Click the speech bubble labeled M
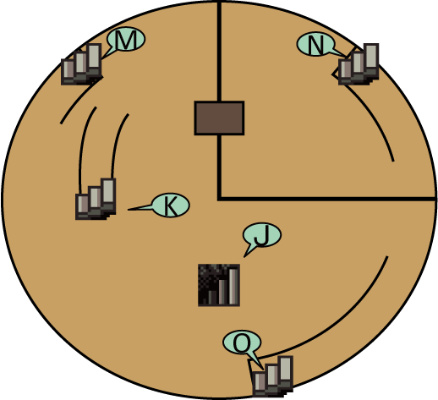click(x=126, y=39)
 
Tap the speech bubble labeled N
click(x=315, y=44)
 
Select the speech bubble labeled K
click(x=171, y=205)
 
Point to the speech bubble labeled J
click(x=262, y=235)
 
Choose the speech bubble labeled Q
click(x=242, y=342)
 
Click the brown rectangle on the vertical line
click(x=219, y=118)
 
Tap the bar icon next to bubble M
click(x=81, y=64)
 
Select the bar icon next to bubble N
click(x=359, y=64)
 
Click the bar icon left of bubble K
click(x=96, y=199)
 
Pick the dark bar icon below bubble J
click(x=219, y=285)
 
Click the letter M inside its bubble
click(x=126, y=40)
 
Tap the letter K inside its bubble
click(x=171, y=206)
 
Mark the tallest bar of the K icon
click(x=108, y=190)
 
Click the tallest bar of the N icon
click(x=371, y=56)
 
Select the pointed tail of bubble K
click(x=129, y=210)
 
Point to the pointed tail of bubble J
click(x=244, y=256)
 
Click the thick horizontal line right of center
click(x=327, y=199)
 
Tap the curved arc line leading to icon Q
click(x=337, y=324)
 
